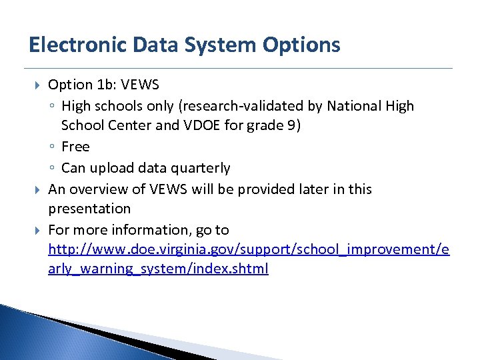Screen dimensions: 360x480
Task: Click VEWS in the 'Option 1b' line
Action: coord(141,85)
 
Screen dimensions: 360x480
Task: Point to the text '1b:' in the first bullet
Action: coord(109,85)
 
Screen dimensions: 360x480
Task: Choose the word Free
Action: coord(75,147)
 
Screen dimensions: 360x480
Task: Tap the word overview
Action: coord(95,189)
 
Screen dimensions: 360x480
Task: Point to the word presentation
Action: coord(89,209)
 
